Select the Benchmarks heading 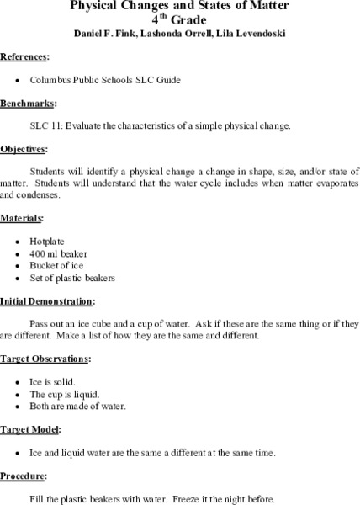pos(28,104)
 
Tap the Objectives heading pos(24,149)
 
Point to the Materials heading pos(23,218)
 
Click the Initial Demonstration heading pos(47,300)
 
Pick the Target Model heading pos(30,429)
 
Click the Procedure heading pos(24,476)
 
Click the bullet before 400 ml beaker pos(19,253)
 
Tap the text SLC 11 pos(45,126)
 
